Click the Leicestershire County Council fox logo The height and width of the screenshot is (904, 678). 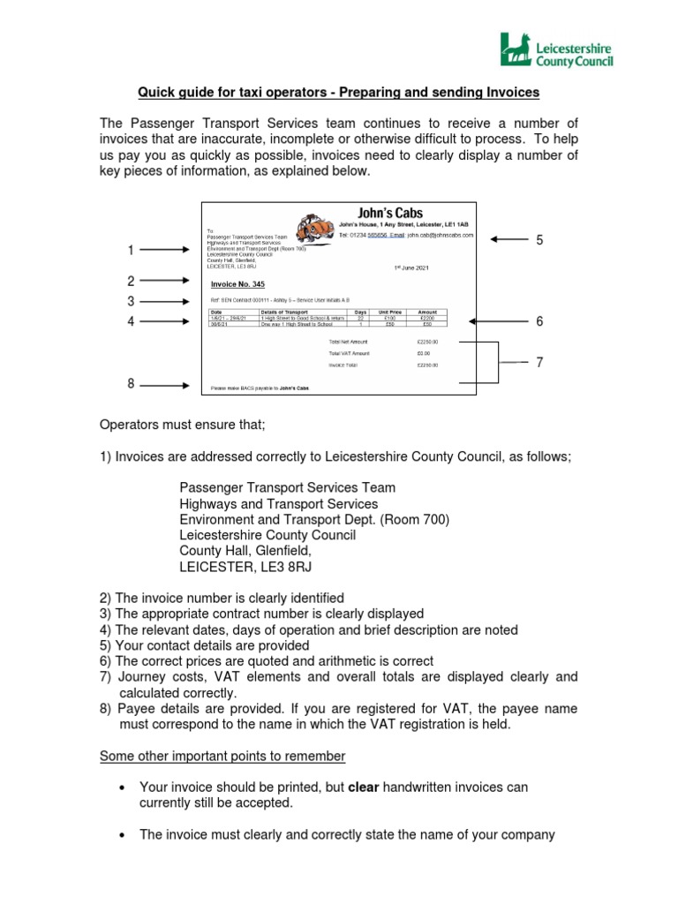tap(514, 49)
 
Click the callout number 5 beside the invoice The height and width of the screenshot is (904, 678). tap(539, 240)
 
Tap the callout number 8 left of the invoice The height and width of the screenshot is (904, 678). tap(131, 384)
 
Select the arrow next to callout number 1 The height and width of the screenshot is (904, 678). tap(164, 251)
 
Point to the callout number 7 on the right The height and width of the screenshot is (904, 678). tap(539, 362)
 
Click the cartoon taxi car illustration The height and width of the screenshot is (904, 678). tap(313, 225)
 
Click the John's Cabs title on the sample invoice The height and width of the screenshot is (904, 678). tap(389, 213)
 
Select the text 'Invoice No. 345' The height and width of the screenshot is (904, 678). tap(237, 284)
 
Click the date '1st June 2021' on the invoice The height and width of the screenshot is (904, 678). tap(414, 266)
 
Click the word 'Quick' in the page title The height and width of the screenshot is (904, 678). tap(154, 93)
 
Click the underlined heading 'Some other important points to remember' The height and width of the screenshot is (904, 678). tap(222, 757)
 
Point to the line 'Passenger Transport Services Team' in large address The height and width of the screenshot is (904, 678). tap(288, 487)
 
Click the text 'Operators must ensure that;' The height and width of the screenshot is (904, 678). tap(182, 425)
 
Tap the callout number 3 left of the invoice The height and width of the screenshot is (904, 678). tap(131, 302)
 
